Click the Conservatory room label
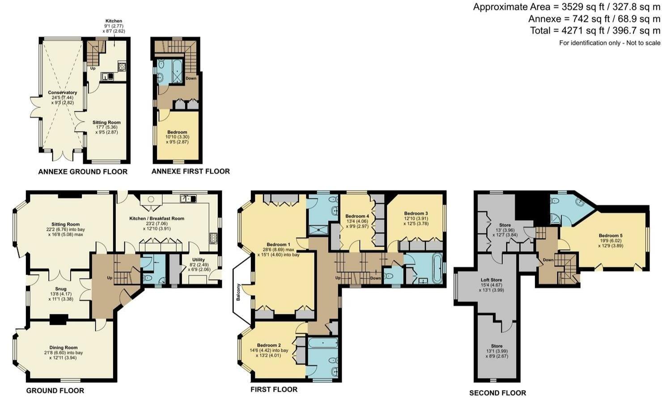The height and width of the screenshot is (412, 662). pyautogui.click(x=62, y=92)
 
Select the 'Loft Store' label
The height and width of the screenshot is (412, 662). pyautogui.click(x=491, y=280)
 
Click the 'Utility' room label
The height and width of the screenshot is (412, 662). pyautogui.click(x=198, y=260)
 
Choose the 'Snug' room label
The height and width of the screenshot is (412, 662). pyautogui.click(x=61, y=289)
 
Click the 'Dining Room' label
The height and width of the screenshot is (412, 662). pyautogui.click(x=64, y=348)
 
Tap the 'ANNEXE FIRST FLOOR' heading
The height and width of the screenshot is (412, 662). pyautogui.click(x=191, y=171)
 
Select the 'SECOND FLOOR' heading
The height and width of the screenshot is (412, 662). pyautogui.click(x=498, y=393)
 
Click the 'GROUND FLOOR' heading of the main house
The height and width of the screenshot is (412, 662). pyautogui.click(x=55, y=391)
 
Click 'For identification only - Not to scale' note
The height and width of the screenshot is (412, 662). pyautogui.click(x=610, y=43)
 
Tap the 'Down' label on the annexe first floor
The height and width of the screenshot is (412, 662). pyautogui.click(x=191, y=78)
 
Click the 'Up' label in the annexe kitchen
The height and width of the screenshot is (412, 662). pyautogui.click(x=93, y=68)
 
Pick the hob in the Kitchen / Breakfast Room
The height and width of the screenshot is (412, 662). pyautogui.click(x=213, y=238)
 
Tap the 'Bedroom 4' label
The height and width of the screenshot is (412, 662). pyautogui.click(x=357, y=216)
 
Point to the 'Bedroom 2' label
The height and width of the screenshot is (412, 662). pyautogui.click(x=269, y=345)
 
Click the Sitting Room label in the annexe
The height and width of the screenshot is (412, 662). pyautogui.click(x=107, y=122)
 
